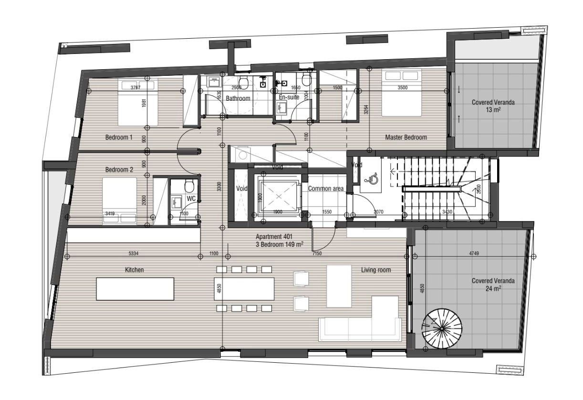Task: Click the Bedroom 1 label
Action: tap(119, 137)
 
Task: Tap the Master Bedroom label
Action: tap(406, 137)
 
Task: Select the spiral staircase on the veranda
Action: tap(442, 329)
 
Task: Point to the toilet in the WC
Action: tap(189, 186)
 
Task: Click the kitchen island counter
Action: tap(135, 289)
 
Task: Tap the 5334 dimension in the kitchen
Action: tap(134, 253)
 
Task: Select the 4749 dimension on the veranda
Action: tap(474, 253)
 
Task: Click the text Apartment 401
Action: tap(274, 237)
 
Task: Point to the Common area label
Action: tap(325, 189)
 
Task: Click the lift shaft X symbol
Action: tap(279, 196)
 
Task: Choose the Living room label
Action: tap(376, 270)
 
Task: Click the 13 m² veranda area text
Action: tap(493, 110)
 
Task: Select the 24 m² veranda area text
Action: tap(493, 288)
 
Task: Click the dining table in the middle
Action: tap(244, 289)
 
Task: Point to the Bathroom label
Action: tap(238, 98)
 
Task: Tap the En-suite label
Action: tap(289, 97)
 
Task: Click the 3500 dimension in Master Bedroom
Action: tap(402, 87)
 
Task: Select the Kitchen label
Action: tap(134, 270)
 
